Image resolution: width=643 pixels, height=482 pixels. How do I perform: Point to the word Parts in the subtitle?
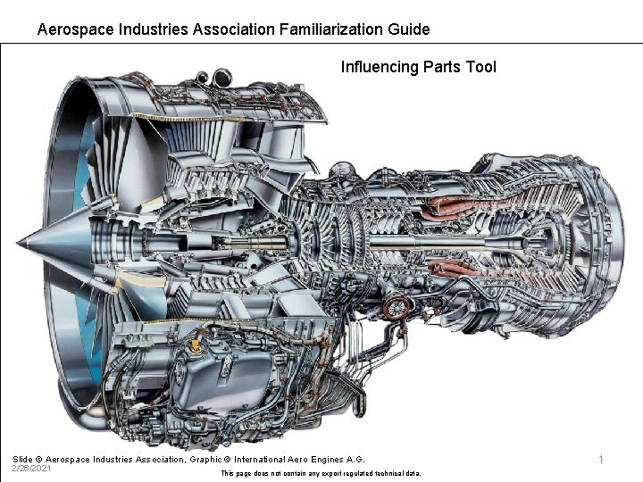pos(441,67)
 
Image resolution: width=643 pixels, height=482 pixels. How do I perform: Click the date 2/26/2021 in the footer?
pos(30,469)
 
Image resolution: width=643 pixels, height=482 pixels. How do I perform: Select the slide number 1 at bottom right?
pos(601,460)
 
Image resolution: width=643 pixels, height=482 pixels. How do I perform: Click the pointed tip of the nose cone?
pos(19,242)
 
